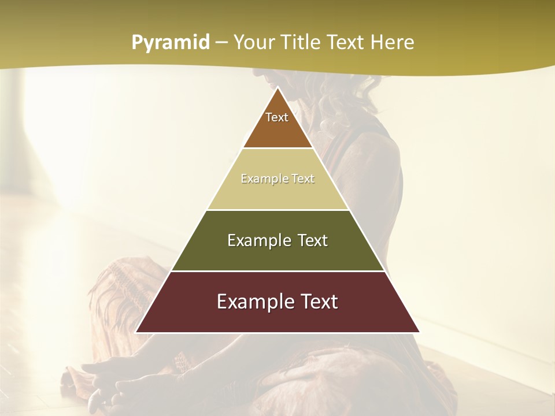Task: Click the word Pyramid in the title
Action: pos(171,43)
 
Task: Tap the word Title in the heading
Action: pos(302,42)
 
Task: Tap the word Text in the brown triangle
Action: pos(277,117)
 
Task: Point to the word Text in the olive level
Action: pos(310,240)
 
